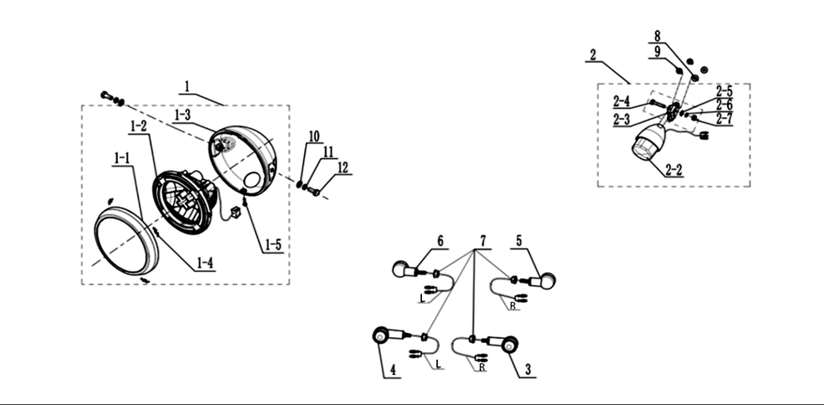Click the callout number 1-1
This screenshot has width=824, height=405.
(121, 158)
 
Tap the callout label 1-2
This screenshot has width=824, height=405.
(138, 126)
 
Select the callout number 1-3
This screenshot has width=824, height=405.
(182, 115)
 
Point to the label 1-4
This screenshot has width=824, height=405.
(206, 263)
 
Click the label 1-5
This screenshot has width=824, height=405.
(272, 244)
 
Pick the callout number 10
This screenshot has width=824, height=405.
(313, 136)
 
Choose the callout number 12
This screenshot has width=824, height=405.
(343, 168)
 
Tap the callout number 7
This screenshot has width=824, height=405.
(483, 241)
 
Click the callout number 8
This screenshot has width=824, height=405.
(657, 36)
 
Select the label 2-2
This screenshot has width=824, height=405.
(674, 170)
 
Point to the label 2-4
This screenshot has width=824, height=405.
(621, 101)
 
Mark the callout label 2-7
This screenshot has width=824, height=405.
(725, 118)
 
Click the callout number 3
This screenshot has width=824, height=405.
(527, 370)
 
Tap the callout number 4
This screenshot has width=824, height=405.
(393, 371)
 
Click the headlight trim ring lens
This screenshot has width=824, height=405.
(126, 240)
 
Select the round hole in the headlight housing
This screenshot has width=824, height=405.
(252, 180)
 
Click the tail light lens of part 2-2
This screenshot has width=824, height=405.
(643, 148)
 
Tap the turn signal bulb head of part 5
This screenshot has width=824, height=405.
(547, 280)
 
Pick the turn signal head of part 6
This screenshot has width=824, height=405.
(400, 269)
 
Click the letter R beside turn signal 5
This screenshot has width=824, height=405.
(512, 305)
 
